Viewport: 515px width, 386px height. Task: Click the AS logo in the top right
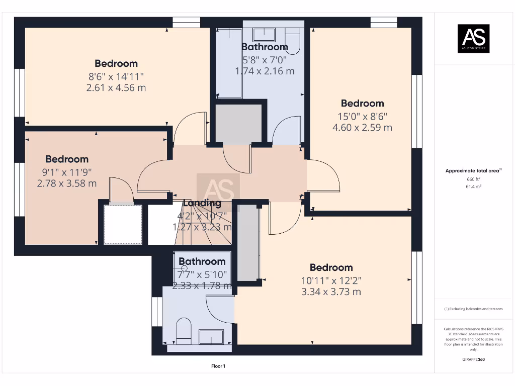(473, 38)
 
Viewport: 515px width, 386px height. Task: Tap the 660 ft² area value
(473, 179)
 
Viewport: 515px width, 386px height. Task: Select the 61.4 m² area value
(473, 186)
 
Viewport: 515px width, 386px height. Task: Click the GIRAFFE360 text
(473, 359)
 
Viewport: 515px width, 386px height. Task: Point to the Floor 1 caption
(218, 366)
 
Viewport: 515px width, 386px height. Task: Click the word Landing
(202, 204)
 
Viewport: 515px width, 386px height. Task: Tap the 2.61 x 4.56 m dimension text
(116, 88)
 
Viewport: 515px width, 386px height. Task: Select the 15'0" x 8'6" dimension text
(362, 116)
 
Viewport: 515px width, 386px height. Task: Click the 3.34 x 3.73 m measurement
(331, 292)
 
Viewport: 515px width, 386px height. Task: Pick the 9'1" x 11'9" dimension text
(67, 172)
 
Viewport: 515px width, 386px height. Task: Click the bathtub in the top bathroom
(229, 63)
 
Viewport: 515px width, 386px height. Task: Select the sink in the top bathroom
(263, 34)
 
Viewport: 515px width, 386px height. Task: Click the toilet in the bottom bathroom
(184, 330)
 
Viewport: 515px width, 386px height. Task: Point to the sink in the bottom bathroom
(211, 336)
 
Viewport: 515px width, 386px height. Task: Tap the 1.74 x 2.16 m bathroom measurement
(265, 71)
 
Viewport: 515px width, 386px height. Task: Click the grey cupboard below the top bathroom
(238, 123)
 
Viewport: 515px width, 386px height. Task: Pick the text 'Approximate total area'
(473, 171)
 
